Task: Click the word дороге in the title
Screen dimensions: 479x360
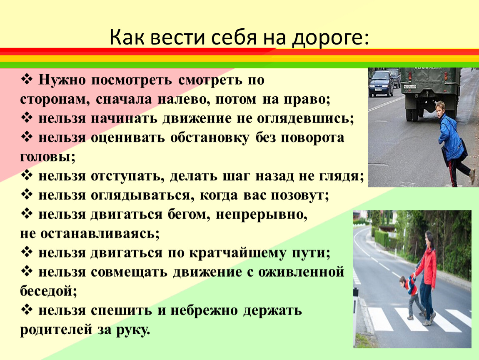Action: click(x=330, y=38)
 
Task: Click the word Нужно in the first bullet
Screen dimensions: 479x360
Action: click(x=62, y=80)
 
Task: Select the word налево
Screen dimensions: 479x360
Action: click(x=184, y=99)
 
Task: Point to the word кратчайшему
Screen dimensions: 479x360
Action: click(x=237, y=253)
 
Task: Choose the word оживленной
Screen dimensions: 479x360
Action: click(x=301, y=272)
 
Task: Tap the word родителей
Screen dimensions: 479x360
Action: click(x=56, y=330)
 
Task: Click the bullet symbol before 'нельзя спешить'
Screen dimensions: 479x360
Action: click(x=27, y=310)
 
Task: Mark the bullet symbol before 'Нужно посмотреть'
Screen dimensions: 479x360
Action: click(x=27, y=80)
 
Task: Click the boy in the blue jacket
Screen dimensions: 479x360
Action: click(x=454, y=142)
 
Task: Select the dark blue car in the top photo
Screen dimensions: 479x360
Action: click(x=381, y=83)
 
